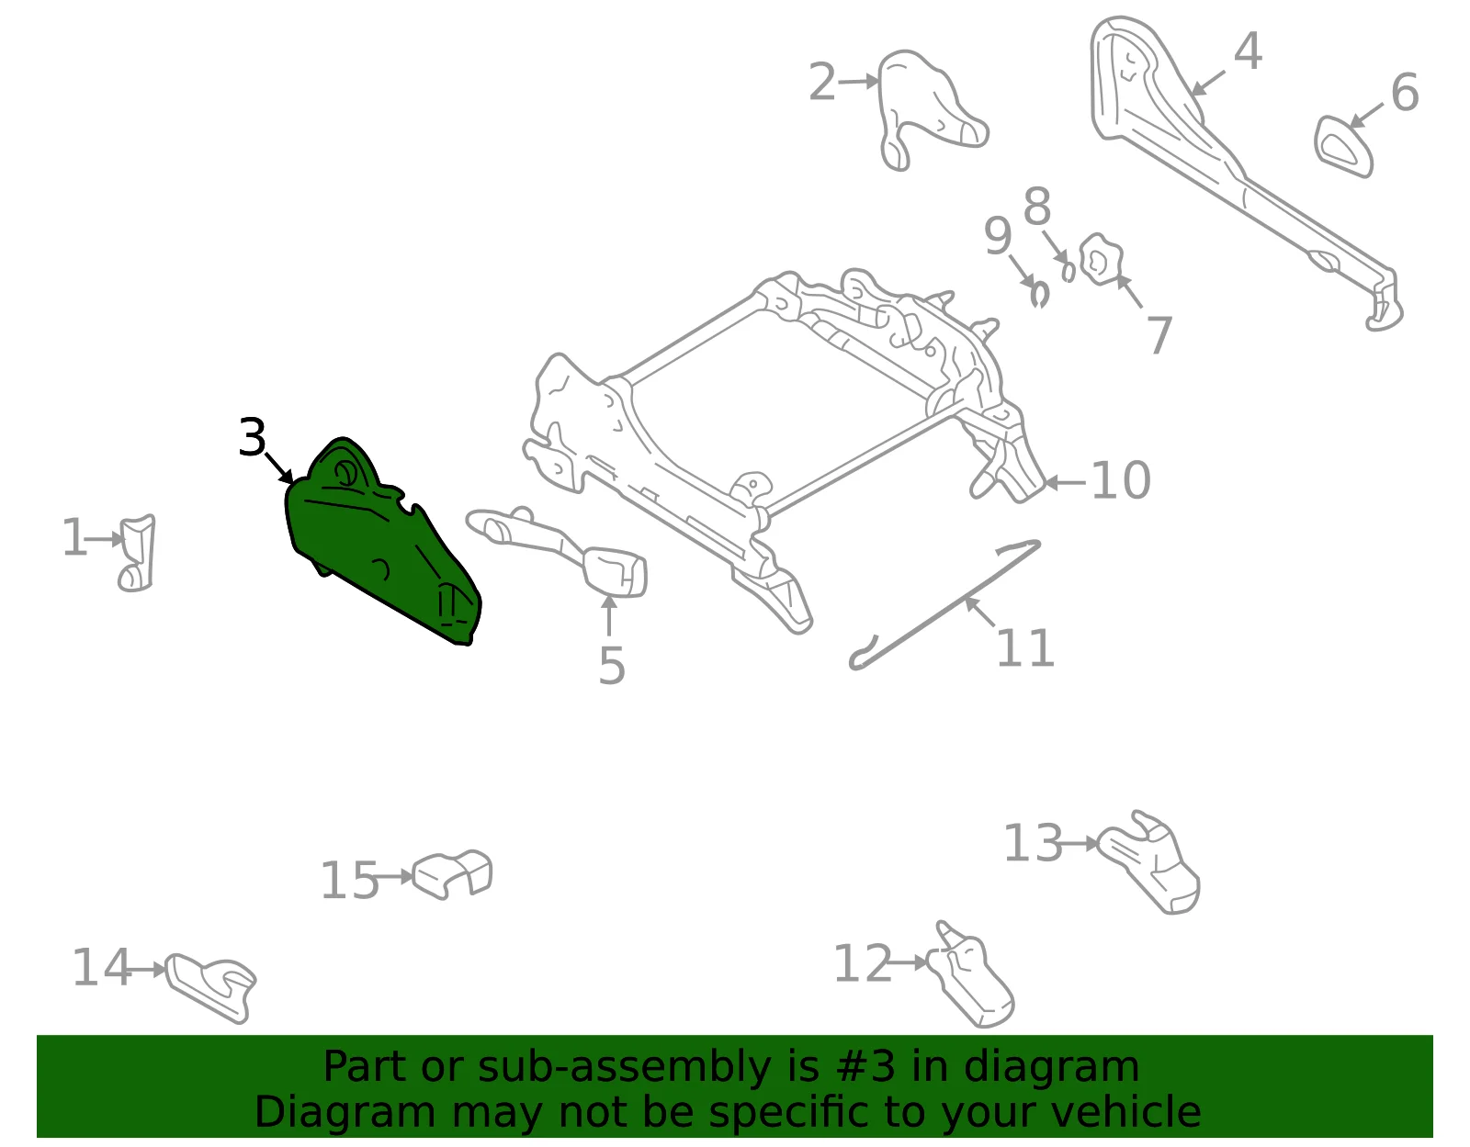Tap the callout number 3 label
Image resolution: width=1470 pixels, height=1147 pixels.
[253, 438]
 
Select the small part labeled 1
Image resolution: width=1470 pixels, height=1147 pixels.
[137, 554]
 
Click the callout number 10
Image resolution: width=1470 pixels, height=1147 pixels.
[1121, 480]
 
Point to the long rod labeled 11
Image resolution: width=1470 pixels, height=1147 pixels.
[945, 605]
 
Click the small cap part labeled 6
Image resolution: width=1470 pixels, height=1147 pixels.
[1343, 147]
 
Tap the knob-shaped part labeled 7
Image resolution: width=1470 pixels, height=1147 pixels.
[1101, 259]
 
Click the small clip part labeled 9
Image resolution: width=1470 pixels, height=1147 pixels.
[1040, 295]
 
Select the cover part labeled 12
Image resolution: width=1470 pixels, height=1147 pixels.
[971, 975]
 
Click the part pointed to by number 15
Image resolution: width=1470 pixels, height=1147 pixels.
[452, 874]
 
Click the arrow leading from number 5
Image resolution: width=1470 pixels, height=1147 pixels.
[609, 615]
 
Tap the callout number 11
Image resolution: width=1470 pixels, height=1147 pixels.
[1025, 648]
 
